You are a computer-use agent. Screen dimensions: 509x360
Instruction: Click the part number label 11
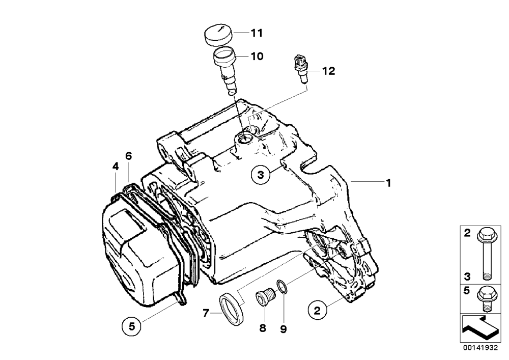257,33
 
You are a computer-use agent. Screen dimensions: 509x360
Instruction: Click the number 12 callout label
328,71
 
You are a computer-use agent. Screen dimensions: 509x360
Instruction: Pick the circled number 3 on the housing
260,175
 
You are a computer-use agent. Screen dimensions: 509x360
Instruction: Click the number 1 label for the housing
388,183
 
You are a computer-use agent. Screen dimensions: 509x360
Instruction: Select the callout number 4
116,167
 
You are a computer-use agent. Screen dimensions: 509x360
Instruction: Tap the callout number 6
129,156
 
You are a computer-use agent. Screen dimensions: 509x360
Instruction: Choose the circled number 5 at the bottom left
131,326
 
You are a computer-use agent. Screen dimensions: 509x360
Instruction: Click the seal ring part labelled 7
232,308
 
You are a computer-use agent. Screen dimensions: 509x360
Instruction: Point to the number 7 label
206,314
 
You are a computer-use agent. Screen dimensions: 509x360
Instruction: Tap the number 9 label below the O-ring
284,329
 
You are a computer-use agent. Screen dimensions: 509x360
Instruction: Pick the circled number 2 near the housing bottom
317,310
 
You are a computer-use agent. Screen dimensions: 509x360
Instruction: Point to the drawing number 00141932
480,348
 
